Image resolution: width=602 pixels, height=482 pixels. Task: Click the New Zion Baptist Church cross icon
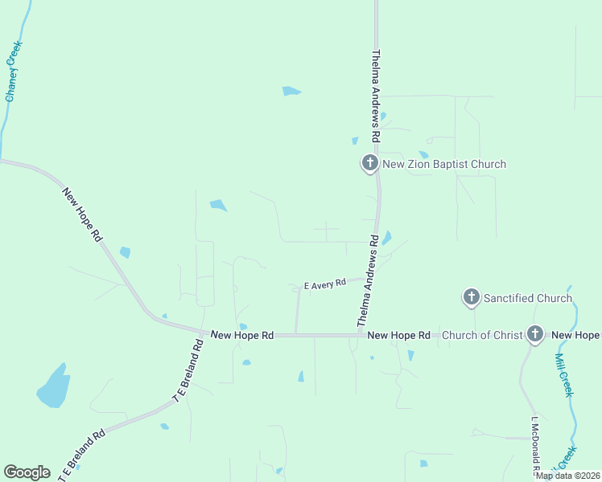tap(369, 163)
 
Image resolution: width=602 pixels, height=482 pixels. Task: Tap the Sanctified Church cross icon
tap(472, 297)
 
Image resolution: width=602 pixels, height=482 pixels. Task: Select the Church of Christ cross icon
tap(535, 334)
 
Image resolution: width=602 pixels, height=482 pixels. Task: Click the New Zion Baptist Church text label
tap(444, 165)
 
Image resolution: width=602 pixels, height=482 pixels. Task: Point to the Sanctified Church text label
tap(527, 298)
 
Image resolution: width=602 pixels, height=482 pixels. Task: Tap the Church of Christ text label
tap(483, 335)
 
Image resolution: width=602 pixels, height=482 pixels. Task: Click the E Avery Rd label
tap(324, 284)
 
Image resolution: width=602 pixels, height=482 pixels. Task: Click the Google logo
tap(27, 472)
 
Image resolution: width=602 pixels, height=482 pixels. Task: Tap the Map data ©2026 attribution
tap(568, 476)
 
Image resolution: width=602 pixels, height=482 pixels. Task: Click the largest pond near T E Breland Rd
tap(53, 387)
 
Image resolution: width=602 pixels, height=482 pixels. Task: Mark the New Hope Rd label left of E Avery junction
tap(242, 335)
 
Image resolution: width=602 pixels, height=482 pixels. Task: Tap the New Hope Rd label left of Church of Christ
tap(398, 335)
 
